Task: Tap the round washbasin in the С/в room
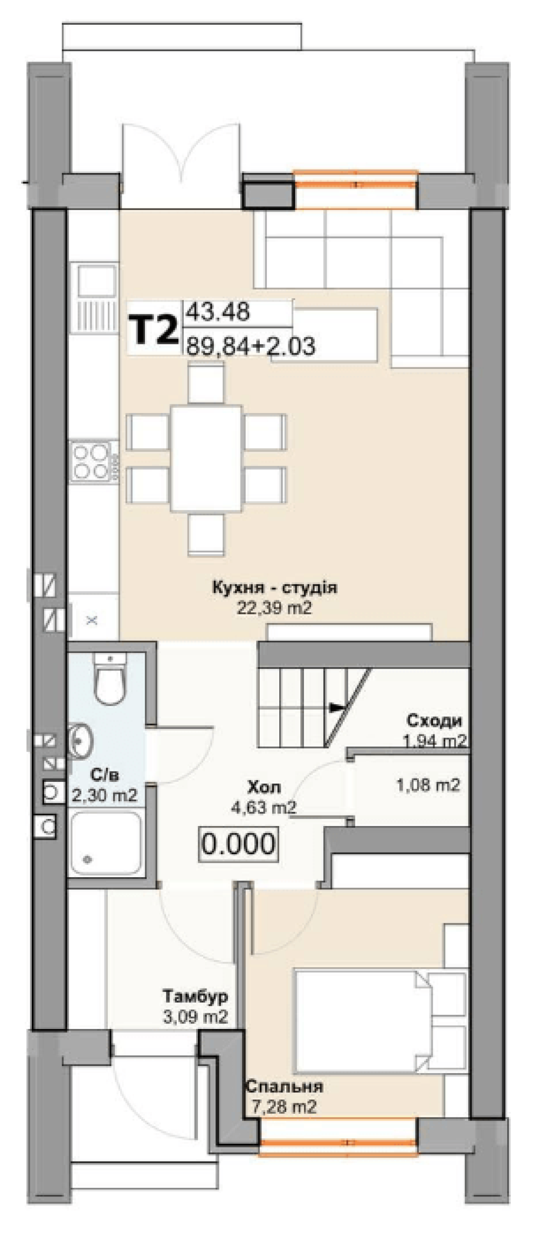81,742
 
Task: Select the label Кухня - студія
274,586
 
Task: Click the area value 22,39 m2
274,608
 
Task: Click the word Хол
264,788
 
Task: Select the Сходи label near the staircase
434,720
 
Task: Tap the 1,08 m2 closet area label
429,785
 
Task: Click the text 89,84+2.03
251,346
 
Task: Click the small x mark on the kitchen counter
92,620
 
